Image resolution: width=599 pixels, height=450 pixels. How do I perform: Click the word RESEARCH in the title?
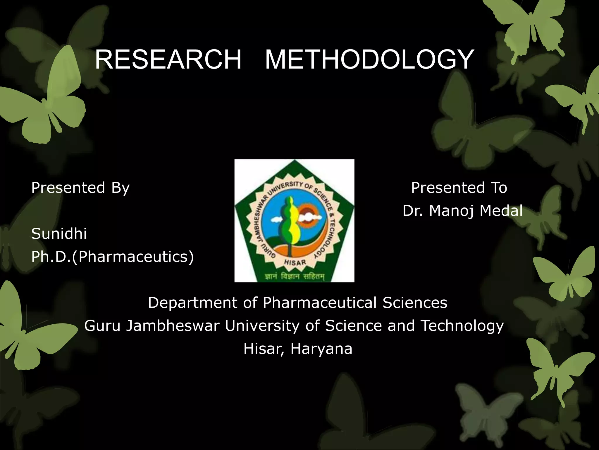168,59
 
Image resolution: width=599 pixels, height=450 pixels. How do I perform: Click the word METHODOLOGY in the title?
369,59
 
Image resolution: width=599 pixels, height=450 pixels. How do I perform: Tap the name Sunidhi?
59,234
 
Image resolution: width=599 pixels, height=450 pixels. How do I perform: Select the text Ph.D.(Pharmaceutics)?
113,257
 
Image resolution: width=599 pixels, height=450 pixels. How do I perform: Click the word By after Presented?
121,188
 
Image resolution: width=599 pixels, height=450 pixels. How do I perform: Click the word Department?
192,303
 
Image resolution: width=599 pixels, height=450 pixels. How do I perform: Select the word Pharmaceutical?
319,303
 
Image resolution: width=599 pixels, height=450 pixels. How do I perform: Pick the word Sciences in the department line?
415,303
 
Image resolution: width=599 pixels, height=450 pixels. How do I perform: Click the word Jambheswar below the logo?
173,326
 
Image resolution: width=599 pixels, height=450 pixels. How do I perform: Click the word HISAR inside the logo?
295,262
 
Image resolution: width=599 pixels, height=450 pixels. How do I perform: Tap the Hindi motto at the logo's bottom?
295,276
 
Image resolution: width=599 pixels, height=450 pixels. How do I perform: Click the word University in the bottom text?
262,326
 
